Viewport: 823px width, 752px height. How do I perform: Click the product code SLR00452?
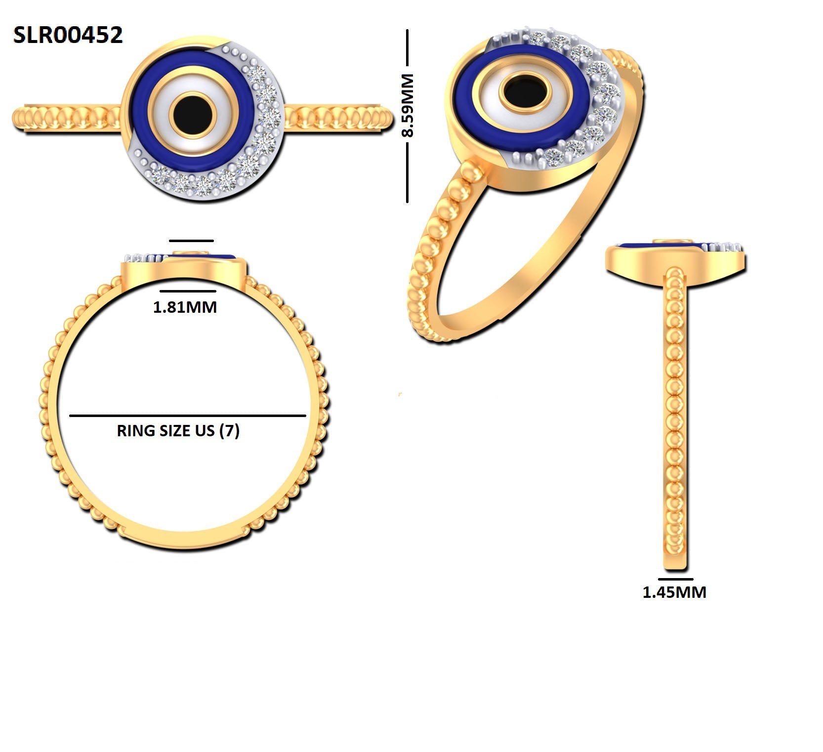coord(68,36)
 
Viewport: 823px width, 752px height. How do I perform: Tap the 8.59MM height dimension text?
coord(408,105)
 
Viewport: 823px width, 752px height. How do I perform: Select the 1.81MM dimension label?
coord(185,307)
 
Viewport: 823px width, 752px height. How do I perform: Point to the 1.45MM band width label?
coord(674,592)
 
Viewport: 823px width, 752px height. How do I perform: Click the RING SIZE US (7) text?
coord(178,431)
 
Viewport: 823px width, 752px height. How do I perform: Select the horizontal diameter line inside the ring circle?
coord(188,416)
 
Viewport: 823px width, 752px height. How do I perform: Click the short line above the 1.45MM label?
coord(676,579)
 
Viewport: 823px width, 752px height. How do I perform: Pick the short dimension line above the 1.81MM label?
coord(188,291)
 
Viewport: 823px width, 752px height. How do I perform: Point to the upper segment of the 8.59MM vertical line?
coord(407,47)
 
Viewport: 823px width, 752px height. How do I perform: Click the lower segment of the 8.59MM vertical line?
coord(407,172)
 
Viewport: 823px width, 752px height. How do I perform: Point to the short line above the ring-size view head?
coord(192,241)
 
